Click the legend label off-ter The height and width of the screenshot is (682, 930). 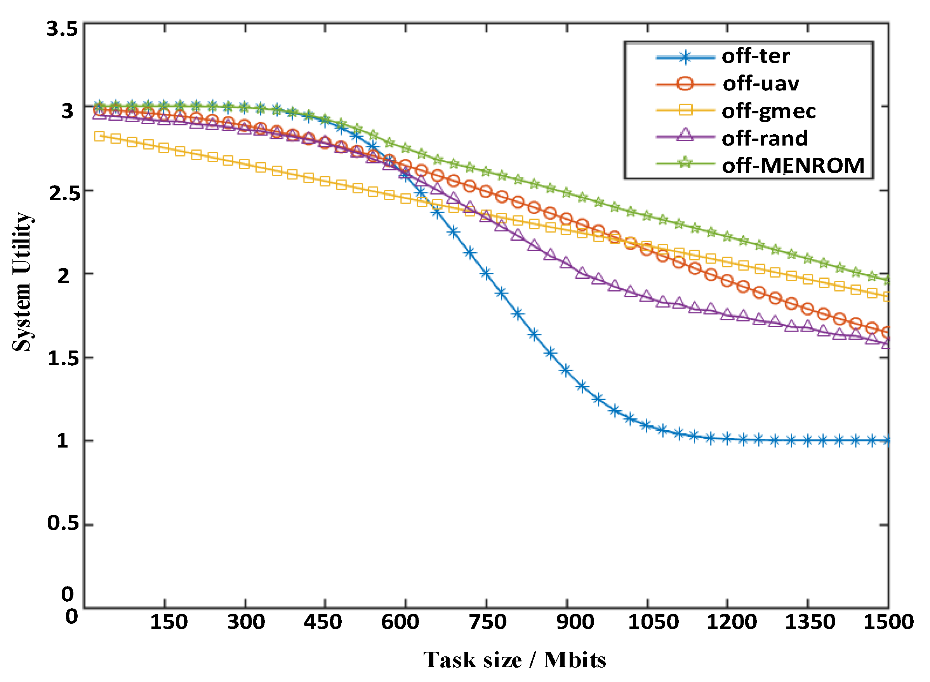click(x=755, y=56)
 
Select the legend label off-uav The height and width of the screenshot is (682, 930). click(x=761, y=84)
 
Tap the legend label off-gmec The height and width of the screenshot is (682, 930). click(x=768, y=111)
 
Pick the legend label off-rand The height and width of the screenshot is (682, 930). click(x=765, y=138)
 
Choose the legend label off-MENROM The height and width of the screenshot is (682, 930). click(x=793, y=165)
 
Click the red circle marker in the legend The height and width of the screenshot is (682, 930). click(x=685, y=84)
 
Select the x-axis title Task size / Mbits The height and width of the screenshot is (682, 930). click(x=515, y=660)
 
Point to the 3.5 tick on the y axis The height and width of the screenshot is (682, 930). click(x=62, y=29)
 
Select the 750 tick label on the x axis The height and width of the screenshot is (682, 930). click(x=487, y=622)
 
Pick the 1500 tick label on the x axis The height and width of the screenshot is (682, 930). click(x=888, y=622)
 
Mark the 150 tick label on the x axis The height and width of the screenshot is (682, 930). click(x=169, y=622)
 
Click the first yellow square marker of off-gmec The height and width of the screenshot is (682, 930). click(x=99, y=136)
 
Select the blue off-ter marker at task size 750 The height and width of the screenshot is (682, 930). click(x=486, y=273)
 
